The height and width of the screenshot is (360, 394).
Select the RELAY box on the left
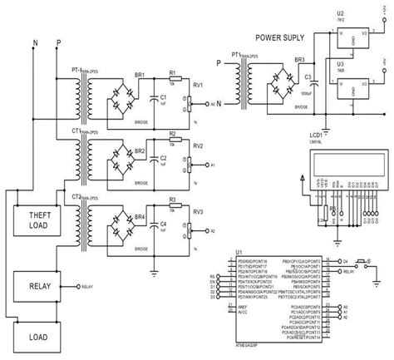[x=37, y=287]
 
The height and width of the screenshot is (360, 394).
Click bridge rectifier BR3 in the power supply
[x=276, y=91]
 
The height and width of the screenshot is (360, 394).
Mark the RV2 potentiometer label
[x=198, y=144]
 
